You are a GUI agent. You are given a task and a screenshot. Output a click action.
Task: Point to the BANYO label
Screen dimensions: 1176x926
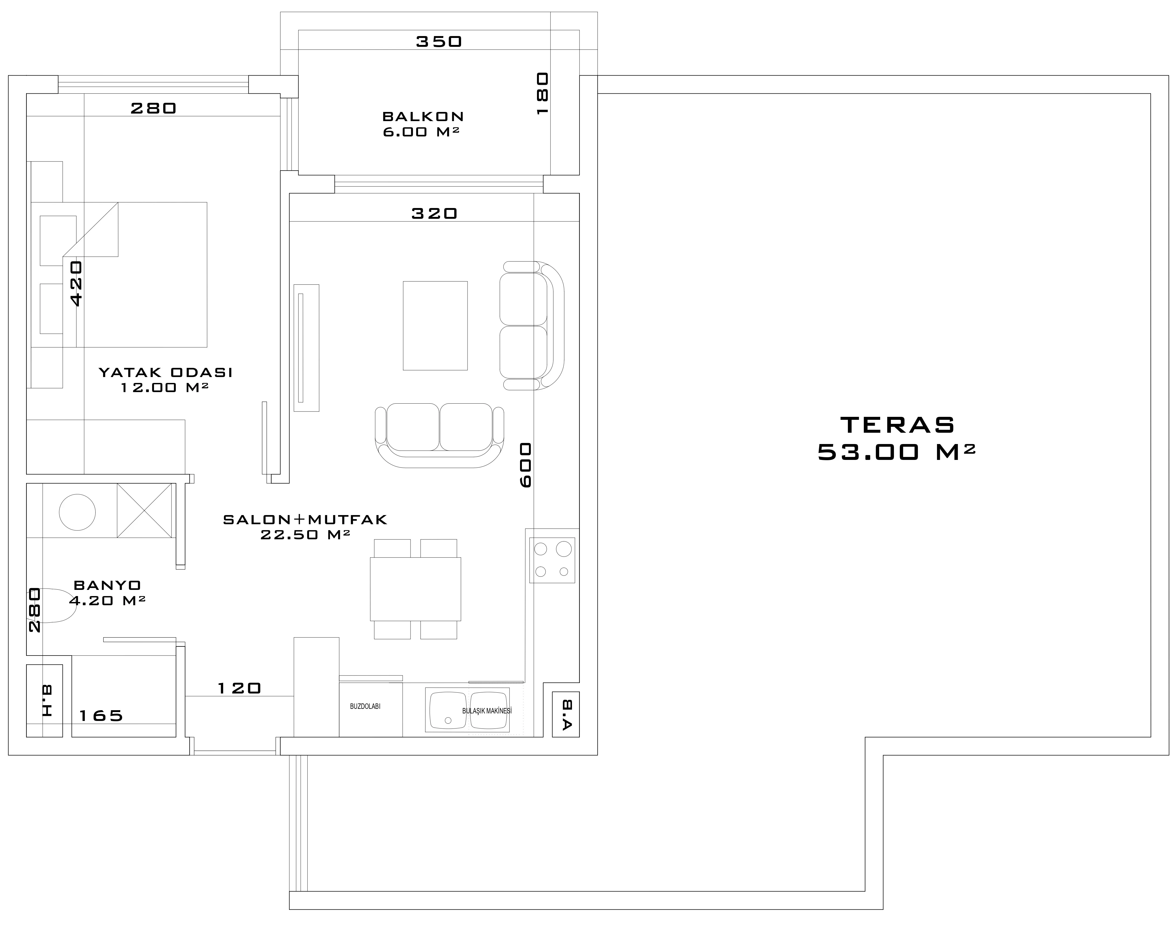tap(107, 586)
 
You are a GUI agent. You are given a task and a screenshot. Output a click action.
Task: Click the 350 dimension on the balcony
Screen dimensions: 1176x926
tap(439, 42)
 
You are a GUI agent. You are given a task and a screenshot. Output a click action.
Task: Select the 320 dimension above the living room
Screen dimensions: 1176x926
tap(434, 214)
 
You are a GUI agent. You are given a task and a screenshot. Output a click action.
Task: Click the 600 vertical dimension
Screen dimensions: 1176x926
tap(525, 465)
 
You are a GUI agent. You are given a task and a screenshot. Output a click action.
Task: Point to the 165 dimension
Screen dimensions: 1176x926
tap(101, 716)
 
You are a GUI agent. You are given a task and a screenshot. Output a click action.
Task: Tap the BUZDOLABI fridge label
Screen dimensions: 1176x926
tap(366, 706)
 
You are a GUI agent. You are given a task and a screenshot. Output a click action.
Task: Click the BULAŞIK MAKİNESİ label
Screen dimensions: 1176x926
tap(487, 711)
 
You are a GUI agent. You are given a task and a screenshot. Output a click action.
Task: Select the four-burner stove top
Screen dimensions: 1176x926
tap(552, 560)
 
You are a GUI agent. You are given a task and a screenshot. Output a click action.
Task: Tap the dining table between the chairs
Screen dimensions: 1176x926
tap(415, 589)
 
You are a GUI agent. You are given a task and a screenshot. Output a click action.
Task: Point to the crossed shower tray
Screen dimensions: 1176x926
tap(144, 511)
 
